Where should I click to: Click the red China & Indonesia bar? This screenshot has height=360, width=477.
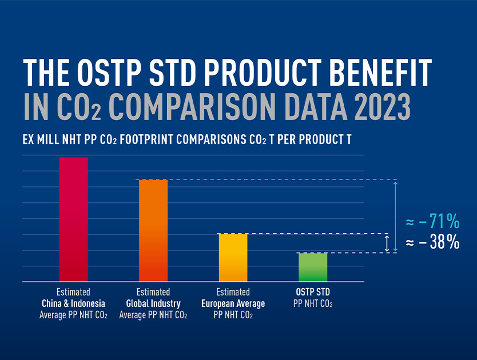click(74, 219)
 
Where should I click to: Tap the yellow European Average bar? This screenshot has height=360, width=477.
click(233, 257)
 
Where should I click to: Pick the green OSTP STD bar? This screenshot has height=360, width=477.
click(313, 267)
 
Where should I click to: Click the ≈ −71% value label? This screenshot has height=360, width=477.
click(432, 221)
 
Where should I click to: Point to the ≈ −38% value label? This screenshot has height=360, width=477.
click(432, 242)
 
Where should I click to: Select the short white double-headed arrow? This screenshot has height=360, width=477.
click(387, 243)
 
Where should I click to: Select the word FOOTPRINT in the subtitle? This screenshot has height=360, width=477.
click(149, 139)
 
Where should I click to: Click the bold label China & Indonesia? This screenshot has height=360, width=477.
click(73, 303)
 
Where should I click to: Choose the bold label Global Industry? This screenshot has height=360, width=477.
click(153, 303)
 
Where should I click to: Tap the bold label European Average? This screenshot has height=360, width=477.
click(233, 303)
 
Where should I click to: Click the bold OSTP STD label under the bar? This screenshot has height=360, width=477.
click(313, 292)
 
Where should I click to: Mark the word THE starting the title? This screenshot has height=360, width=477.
click(47, 73)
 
